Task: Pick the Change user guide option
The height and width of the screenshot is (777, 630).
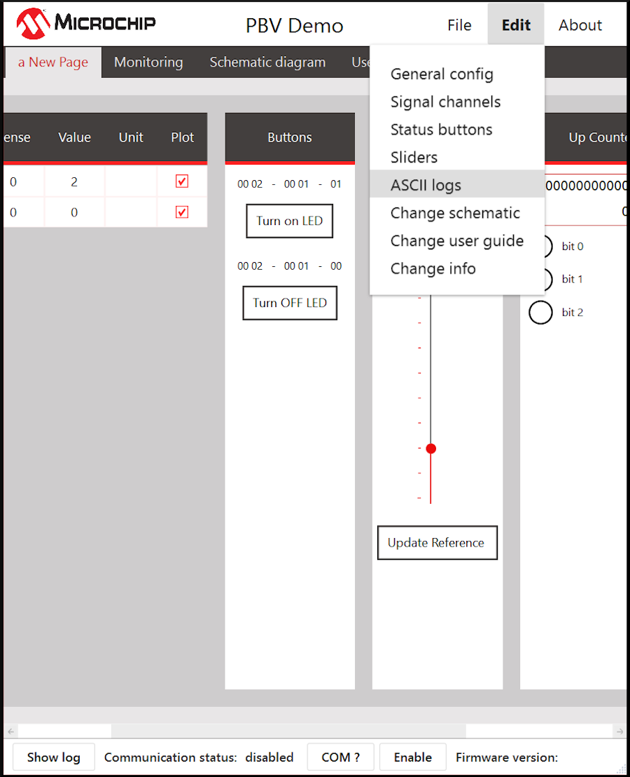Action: (x=456, y=240)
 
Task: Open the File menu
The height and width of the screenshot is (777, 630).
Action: (x=459, y=25)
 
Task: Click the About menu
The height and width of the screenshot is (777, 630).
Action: (x=580, y=25)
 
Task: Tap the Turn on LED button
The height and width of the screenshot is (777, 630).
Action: (x=289, y=221)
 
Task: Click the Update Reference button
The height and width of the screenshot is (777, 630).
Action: (x=437, y=542)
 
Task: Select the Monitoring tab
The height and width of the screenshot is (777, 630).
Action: (x=148, y=62)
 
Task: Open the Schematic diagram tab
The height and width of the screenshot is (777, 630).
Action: (x=267, y=62)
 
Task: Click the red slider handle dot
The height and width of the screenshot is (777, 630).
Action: (x=431, y=448)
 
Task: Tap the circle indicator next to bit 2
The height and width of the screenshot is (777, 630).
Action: (x=540, y=312)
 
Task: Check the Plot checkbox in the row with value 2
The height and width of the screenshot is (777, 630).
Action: (x=182, y=181)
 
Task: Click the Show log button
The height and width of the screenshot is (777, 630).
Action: (x=53, y=757)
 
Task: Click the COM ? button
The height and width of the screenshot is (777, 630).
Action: (x=341, y=757)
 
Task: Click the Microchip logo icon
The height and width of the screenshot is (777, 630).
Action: (x=33, y=23)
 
